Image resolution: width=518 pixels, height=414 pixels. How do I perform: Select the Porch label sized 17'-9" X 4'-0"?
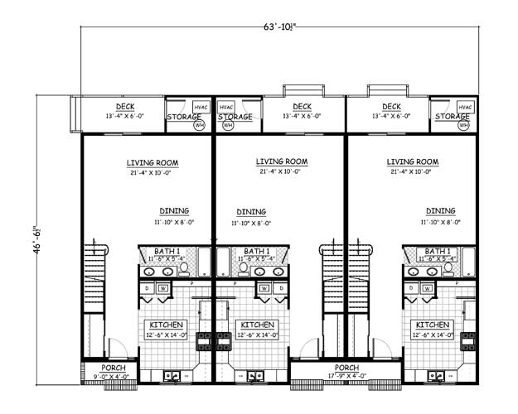346,368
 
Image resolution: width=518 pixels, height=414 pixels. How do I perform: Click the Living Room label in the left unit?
152,162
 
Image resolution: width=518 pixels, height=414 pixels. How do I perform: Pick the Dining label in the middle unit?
251,211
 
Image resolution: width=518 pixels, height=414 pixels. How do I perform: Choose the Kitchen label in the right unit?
432,325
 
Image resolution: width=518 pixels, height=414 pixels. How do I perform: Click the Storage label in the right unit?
453,118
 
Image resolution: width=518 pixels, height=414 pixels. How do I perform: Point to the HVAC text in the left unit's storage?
201,108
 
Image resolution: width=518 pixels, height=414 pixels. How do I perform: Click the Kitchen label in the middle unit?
257,325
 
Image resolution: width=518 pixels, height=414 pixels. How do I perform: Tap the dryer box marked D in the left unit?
148,287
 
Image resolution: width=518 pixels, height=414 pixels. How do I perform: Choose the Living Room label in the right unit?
413,162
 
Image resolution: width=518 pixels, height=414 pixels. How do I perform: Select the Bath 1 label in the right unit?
438,251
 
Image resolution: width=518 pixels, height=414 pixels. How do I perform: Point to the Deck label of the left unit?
125,106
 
